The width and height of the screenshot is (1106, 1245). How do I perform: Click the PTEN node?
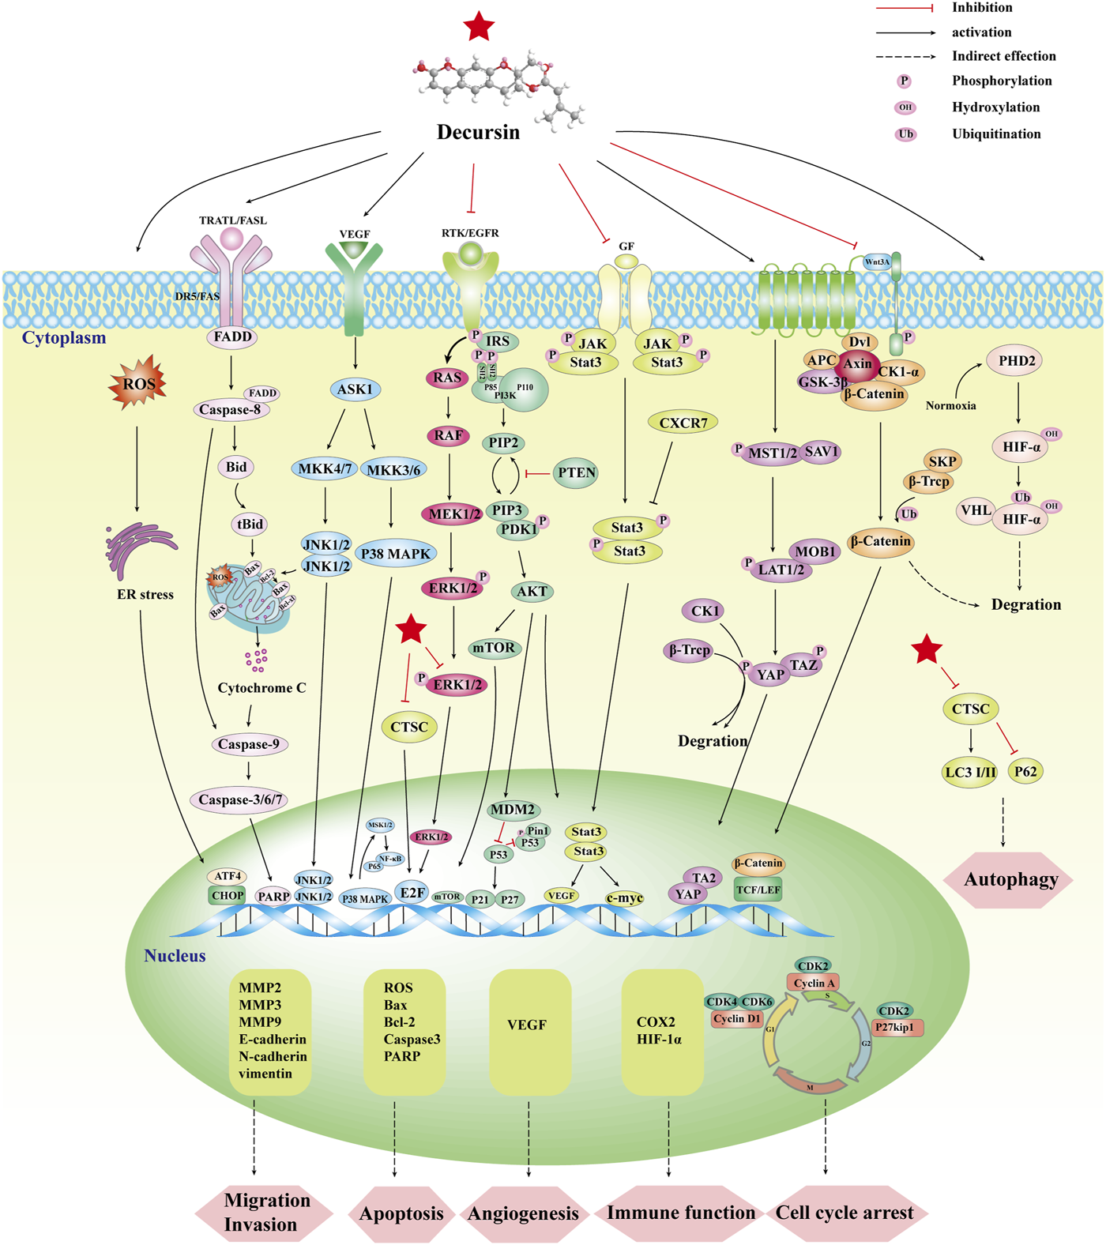576,472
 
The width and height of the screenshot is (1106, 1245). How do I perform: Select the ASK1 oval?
355,389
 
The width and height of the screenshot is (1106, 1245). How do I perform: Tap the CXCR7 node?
683,423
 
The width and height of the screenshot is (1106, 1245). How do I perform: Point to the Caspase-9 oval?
248,744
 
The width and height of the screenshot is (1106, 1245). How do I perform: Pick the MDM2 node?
512,810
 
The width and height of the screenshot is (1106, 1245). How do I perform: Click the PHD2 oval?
1017,361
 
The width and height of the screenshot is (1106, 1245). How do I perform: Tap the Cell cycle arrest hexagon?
844,1213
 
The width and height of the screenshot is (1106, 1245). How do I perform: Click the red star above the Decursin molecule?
480,26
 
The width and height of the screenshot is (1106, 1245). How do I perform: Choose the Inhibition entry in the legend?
982,8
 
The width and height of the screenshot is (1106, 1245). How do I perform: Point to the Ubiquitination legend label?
995,134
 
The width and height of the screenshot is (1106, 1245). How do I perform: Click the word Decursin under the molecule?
478,132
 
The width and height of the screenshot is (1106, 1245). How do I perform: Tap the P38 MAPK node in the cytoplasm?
395,554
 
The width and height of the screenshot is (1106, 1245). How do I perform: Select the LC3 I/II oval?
970,772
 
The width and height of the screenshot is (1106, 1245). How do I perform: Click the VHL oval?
976,510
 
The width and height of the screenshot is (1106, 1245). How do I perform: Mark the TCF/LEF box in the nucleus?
758,890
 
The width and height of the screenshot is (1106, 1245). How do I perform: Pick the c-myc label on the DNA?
624,897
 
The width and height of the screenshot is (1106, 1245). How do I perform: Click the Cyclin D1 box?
736,1019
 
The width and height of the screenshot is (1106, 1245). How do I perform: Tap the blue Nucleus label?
175,956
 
